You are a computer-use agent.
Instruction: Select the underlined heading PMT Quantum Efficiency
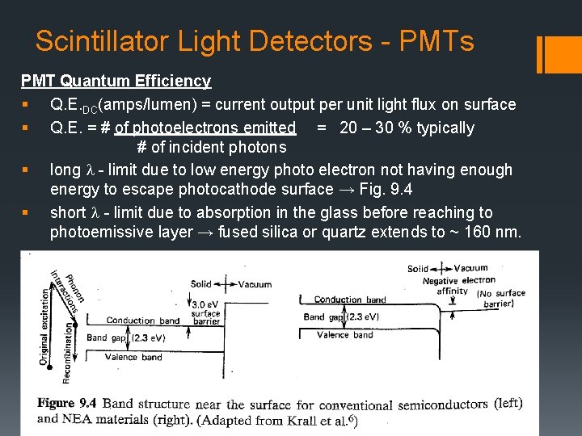point(116,81)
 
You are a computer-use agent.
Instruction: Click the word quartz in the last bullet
point(358,233)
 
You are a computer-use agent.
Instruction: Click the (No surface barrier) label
point(502,299)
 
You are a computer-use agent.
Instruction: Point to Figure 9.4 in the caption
point(67,403)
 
